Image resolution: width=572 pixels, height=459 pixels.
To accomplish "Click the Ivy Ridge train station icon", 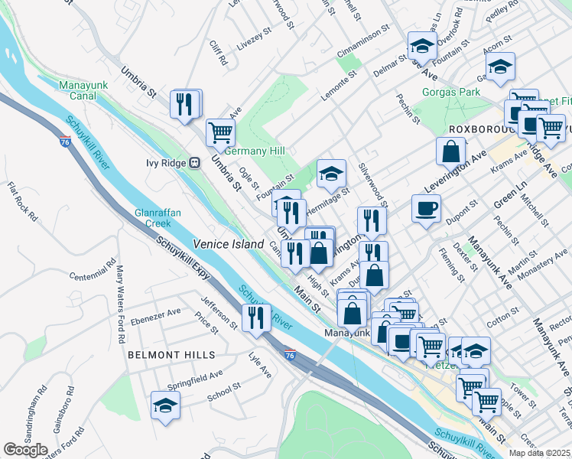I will tap(195, 162).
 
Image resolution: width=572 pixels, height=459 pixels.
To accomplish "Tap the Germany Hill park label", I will tap(254, 151).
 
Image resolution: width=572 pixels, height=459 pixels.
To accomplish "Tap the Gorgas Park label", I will tap(451, 93).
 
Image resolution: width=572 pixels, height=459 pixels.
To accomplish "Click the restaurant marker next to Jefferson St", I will tap(256, 317).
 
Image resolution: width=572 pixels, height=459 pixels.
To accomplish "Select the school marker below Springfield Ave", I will tap(164, 405).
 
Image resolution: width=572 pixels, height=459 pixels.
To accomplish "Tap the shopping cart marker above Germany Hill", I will tap(220, 131).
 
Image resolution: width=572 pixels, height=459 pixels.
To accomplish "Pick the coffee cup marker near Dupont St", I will tap(426, 207).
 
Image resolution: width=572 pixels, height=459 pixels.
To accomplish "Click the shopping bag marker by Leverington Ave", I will tap(451, 150).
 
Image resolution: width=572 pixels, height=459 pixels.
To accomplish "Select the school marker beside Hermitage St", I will tap(331, 174).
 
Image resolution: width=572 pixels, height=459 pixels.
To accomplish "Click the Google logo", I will tap(25, 450).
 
